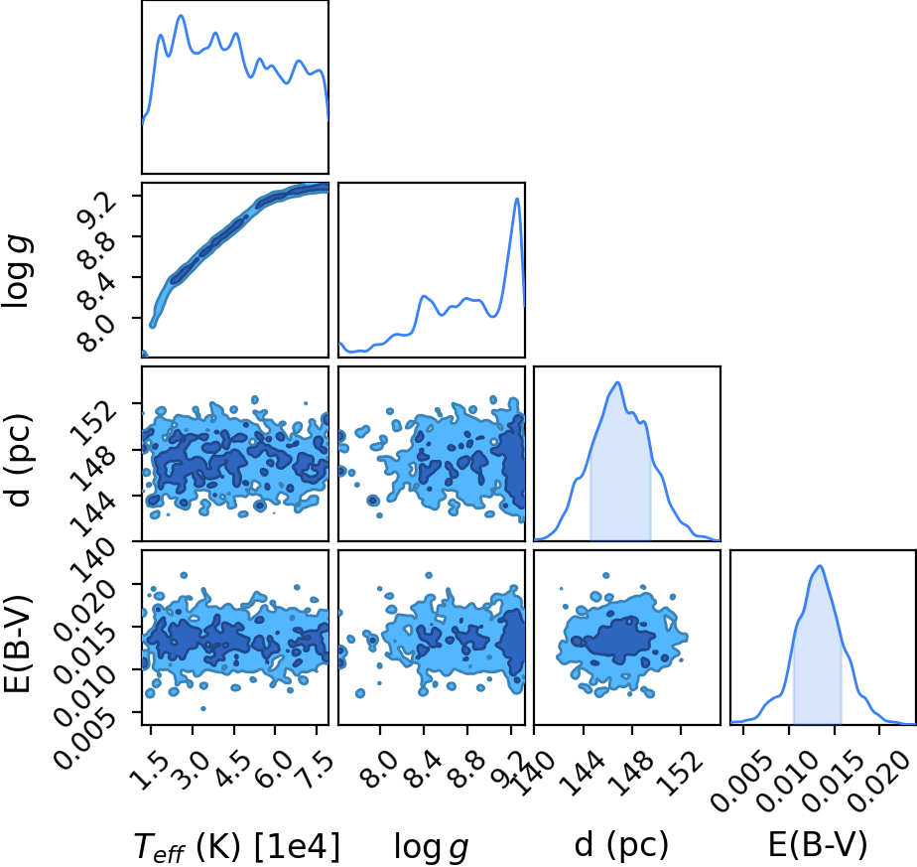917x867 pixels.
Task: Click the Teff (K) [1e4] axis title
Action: click(237, 846)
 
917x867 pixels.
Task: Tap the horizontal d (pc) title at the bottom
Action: click(621, 845)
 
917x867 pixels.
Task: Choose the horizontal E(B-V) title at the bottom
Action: click(818, 845)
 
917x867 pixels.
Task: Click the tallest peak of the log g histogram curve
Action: click(517, 199)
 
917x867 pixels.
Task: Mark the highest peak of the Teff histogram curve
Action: click(181, 16)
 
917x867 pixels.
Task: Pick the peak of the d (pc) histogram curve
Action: click(617, 382)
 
